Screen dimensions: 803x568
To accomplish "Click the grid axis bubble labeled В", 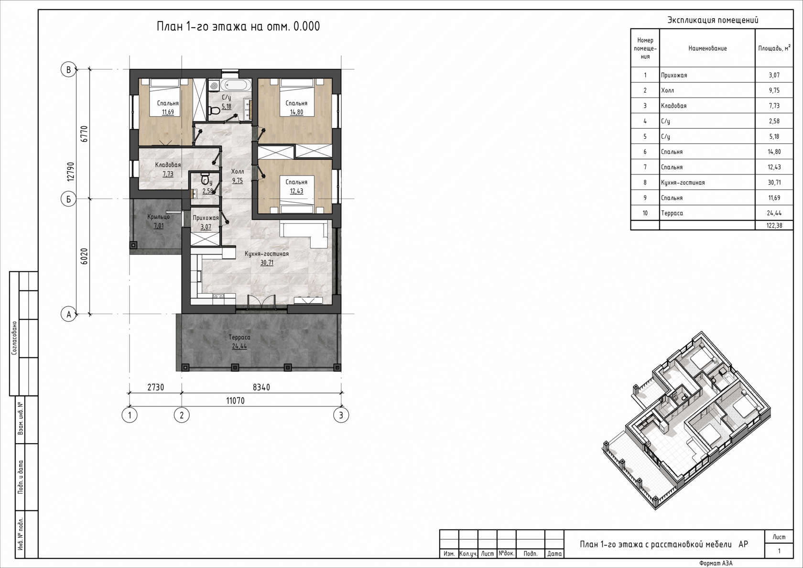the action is (68, 70).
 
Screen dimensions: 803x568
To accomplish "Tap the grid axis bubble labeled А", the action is (68, 314).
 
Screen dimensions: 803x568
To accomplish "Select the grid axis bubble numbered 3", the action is (341, 415).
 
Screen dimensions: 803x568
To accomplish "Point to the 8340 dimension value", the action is (261, 387).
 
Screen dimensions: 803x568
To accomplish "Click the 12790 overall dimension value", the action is (71, 171).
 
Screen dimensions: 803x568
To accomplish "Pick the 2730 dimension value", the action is (156, 387).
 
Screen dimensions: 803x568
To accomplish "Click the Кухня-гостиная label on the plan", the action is (267, 253).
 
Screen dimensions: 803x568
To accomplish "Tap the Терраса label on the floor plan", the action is (239, 337).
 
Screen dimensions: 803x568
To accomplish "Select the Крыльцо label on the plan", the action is (159, 217).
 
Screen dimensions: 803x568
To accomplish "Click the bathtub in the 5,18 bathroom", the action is (236, 85).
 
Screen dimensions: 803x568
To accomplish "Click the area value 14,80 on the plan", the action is (296, 112).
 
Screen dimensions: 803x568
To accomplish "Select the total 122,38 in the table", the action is (774, 225).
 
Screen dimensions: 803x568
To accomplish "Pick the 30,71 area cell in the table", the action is (774, 182).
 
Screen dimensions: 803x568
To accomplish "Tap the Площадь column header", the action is (774, 48).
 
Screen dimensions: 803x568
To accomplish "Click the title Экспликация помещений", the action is (713, 20).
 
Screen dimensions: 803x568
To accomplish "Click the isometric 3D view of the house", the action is (686, 420).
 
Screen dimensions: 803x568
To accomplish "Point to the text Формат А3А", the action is (716, 563).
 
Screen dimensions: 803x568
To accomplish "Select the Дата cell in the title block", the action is (554, 554).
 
